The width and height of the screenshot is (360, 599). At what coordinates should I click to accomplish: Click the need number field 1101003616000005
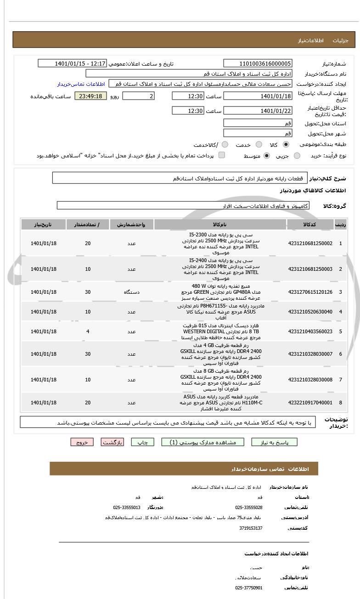tap(258, 63)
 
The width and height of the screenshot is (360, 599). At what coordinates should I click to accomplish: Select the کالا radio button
tap(286, 145)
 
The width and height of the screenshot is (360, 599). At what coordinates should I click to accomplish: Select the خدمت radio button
tap(259, 145)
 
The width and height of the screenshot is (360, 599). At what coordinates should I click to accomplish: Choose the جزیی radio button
tap(297, 156)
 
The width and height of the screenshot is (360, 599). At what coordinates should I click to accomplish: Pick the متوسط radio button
tap(267, 156)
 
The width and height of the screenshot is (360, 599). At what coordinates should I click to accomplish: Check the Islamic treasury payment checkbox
tap(222, 156)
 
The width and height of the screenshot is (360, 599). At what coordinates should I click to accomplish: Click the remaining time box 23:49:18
tap(90, 96)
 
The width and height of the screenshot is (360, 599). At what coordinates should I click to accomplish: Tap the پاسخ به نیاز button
tap(274, 442)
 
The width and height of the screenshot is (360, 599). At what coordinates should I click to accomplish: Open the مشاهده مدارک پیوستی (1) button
tap(203, 442)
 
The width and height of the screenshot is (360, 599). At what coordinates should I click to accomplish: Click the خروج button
tap(82, 442)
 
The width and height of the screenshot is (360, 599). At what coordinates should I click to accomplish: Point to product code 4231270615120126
tap(310, 292)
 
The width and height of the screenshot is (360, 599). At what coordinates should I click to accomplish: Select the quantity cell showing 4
tap(88, 331)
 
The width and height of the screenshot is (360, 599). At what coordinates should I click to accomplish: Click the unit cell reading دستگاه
tap(131, 292)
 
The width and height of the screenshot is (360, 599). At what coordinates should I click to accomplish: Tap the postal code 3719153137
tap(251, 528)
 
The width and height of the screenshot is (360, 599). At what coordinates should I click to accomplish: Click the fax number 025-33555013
tap(127, 507)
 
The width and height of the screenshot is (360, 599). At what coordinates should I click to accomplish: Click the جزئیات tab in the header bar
tap(340, 40)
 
